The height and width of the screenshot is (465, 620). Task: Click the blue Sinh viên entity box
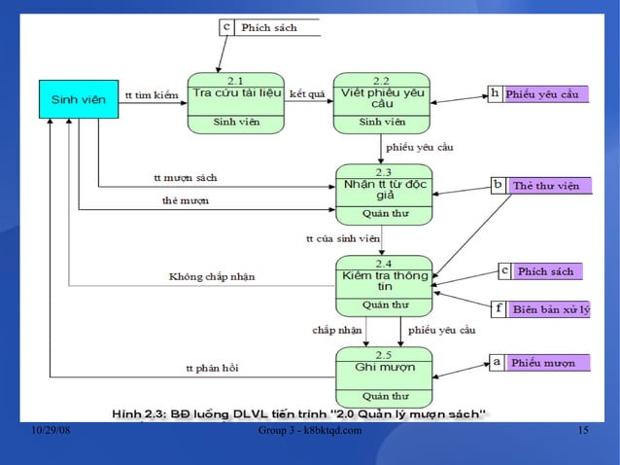tap(78, 99)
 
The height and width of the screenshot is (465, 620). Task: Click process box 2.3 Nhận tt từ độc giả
tap(384, 193)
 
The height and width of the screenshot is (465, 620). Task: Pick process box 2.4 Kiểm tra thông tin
tap(384, 283)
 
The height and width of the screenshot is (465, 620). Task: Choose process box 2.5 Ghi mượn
tap(384, 375)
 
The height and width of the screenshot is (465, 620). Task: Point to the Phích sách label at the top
tap(269, 28)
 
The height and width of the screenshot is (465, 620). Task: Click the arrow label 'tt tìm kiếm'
tap(153, 95)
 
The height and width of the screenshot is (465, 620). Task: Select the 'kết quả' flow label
tap(307, 95)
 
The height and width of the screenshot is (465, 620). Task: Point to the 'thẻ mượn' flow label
tap(185, 201)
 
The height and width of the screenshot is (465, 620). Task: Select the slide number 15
tap(583, 431)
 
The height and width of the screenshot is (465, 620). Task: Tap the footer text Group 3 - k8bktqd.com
tap(311, 431)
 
